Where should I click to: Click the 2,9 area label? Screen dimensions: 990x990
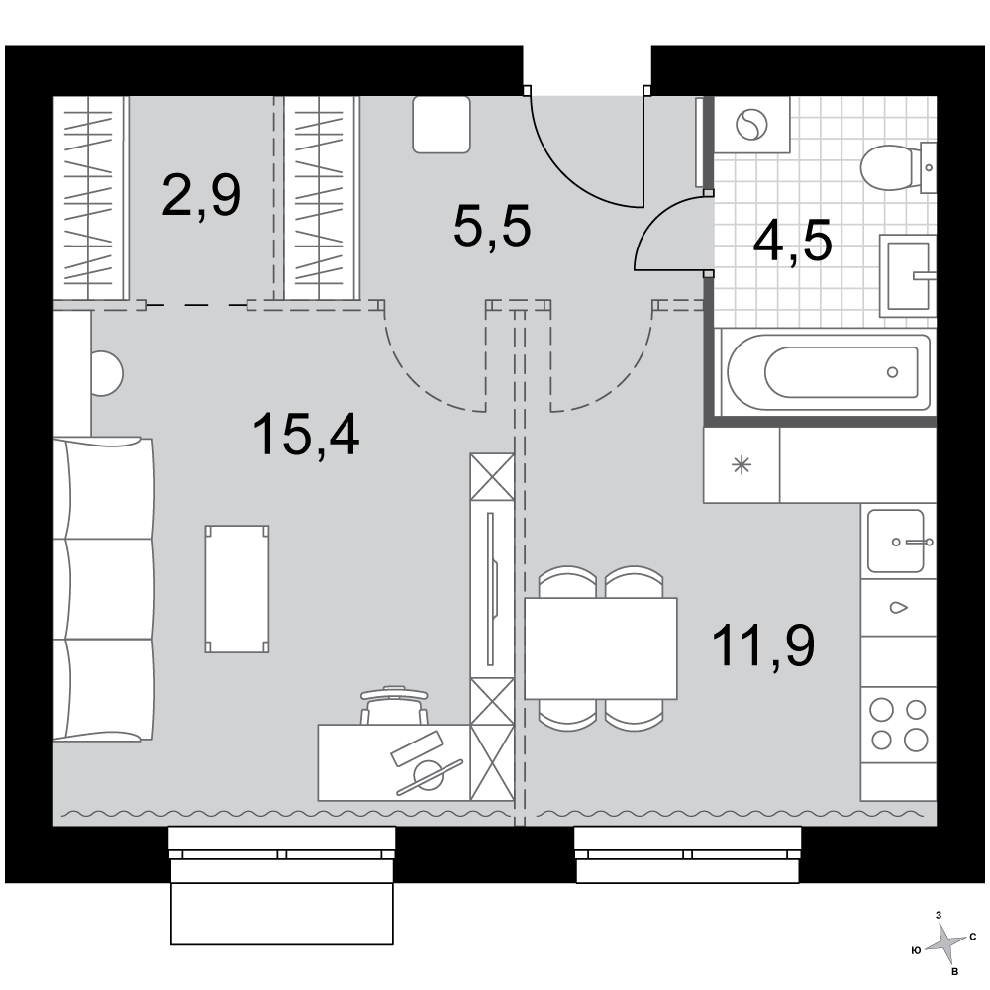(201, 196)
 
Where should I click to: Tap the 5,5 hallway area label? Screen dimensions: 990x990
(492, 227)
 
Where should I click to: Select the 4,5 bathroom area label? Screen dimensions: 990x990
(793, 241)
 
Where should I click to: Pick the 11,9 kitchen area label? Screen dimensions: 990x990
(762, 645)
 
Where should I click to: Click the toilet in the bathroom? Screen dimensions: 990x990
(898, 167)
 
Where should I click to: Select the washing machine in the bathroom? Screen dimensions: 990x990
(751, 125)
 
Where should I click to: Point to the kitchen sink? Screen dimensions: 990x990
(898, 542)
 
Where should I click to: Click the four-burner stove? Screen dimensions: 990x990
(899, 725)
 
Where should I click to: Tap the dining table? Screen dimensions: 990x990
(601, 648)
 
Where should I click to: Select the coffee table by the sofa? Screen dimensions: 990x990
(237, 588)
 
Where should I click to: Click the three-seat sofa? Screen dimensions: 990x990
(104, 588)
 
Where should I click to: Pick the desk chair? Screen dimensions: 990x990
(394, 705)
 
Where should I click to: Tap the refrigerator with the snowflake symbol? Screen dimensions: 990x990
(742, 466)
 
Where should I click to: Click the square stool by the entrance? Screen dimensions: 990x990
(442, 125)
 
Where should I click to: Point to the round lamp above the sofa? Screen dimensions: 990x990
(106, 374)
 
